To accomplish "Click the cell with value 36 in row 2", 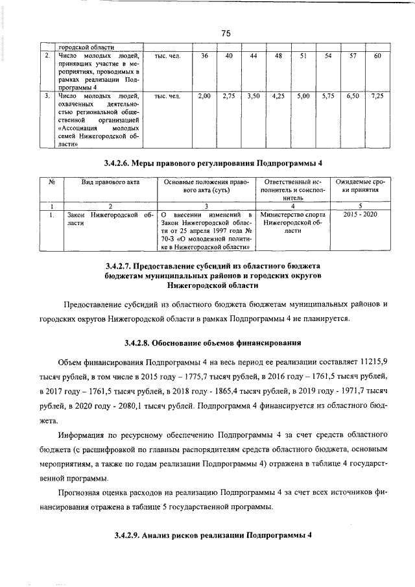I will [204, 56].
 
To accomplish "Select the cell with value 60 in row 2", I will [378, 56].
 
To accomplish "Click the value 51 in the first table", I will [303, 56].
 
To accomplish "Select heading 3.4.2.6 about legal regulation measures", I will [213, 163].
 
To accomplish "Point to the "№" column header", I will [51, 183].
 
